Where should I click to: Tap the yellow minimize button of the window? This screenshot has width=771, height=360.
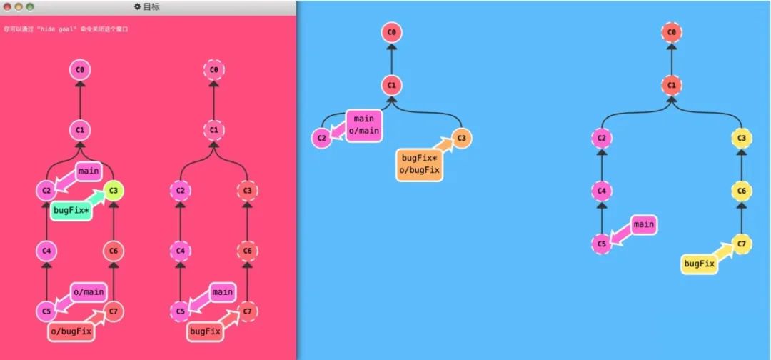tap(19, 6)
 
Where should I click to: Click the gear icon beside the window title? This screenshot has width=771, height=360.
tap(137, 6)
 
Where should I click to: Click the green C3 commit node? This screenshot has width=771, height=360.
tap(114, 190)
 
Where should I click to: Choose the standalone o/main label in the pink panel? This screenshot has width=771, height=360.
tap(89, 291)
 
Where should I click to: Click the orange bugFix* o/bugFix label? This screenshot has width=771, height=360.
tap(420, 164)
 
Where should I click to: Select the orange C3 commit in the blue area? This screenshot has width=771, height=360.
tap(461, 138)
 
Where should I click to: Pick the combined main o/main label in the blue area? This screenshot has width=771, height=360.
tap(363, 125)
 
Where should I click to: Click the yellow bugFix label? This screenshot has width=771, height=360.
tap(698, 264)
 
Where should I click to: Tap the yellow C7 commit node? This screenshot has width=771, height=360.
tap(742, 245)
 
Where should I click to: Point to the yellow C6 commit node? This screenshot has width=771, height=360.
tap(742, 191)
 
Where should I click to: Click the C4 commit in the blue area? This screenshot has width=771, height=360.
tap(601, 191)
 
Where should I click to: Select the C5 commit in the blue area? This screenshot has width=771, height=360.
tap(601, 244)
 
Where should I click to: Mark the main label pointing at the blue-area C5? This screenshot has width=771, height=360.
tap(643, 224)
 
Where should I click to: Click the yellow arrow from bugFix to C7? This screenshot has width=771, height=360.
tap(723, 254)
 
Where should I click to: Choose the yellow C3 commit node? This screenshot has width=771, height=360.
tap(742, 138)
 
